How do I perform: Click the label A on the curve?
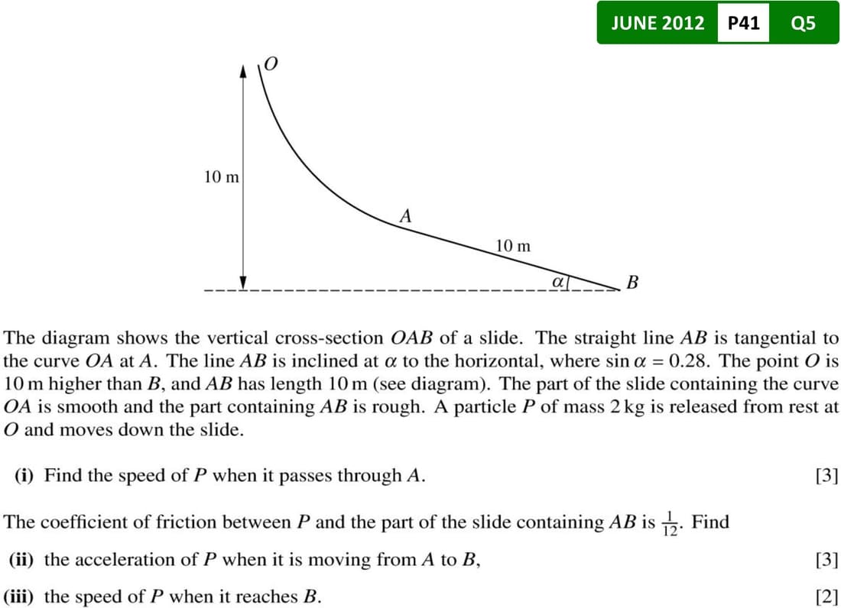tap(405, 216)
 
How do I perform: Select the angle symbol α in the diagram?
tap(559, 282)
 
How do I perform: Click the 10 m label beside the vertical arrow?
tap(221, 177)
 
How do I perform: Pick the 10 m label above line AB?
tap(512, 246)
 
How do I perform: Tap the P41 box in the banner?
tap(744, 23)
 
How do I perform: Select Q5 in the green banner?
tap(804, 23)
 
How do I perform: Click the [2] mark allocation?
tap(827, 597)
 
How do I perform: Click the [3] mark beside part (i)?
tap(827, 476)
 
